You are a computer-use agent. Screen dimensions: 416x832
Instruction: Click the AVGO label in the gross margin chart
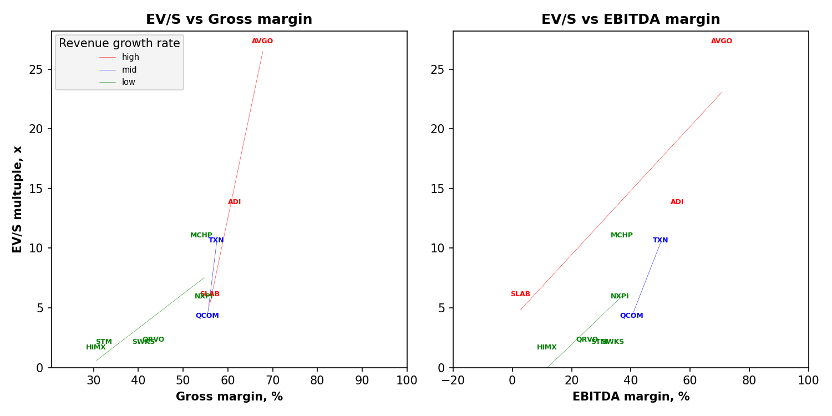pyautogui.click(x=262, y=41)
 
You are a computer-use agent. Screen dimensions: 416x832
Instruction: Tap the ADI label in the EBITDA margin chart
pyautogui.click(x=677, y=202)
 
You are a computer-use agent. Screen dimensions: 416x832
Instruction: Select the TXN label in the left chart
pyautogui.click(x=216, y=240)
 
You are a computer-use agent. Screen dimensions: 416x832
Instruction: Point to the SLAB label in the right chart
pyautogui.click(x=520, y=294)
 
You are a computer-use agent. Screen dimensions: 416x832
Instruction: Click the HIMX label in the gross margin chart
pyautogui.click(x=95, y=347)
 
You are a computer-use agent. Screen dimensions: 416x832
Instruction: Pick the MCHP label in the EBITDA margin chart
pyautogui.click(x=621, y=235)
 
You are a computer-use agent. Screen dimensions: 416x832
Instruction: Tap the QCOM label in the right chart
pyautogui.click(x=631, y=316)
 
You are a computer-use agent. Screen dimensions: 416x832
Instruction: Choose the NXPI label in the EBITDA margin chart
pyautogui.click(x=620, y=296)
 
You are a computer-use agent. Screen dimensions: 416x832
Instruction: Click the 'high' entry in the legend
pyautogui.click(x=130, y=57)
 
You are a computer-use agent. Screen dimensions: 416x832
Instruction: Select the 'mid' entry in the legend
pyautogui.click(x=129, y=70)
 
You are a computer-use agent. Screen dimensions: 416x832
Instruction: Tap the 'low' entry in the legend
pyautogui.click(x=129, y=82)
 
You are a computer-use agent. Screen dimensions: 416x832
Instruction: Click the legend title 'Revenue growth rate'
pyautogui.click(x=119, y=43)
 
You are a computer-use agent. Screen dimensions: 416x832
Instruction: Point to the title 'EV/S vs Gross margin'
pyautogui.click(x=229, y=19)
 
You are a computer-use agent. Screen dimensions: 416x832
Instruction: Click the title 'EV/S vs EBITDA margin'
pyautogui.click(x=631, y=19)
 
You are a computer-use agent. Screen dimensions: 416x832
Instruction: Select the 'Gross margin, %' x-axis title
pyautogui.click(x=229, y=397)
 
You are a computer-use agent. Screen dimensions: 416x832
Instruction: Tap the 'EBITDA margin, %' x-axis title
pyautogui.click(x=631, y=397)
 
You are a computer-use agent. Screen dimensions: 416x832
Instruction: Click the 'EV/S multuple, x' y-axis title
pyautogui.click(x=18, y=199)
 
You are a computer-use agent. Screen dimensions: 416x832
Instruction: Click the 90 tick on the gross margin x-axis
pyautogui.click(x=362, y=381)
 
